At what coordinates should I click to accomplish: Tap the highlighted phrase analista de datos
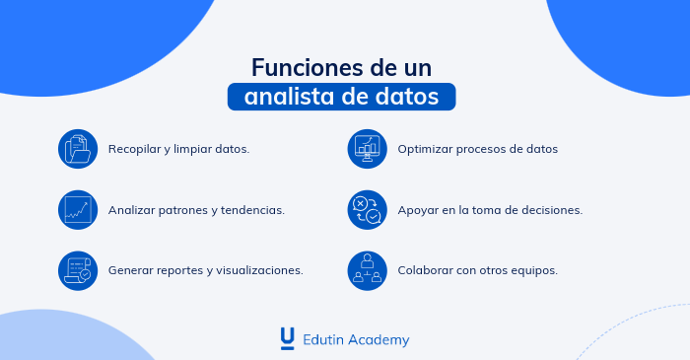342,97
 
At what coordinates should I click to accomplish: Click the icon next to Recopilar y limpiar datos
78,149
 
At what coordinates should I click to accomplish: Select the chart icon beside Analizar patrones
78,210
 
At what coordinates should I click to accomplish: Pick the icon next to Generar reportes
78,269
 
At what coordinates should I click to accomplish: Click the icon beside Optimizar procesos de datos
368,149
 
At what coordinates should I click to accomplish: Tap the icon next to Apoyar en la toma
368,210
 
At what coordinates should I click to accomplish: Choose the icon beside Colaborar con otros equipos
368,269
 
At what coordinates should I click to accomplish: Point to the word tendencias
252,210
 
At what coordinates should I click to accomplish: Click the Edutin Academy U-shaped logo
287,338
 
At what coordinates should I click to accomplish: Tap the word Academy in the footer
379,339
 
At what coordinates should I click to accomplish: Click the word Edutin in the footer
323,339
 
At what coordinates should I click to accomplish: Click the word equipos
534,269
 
